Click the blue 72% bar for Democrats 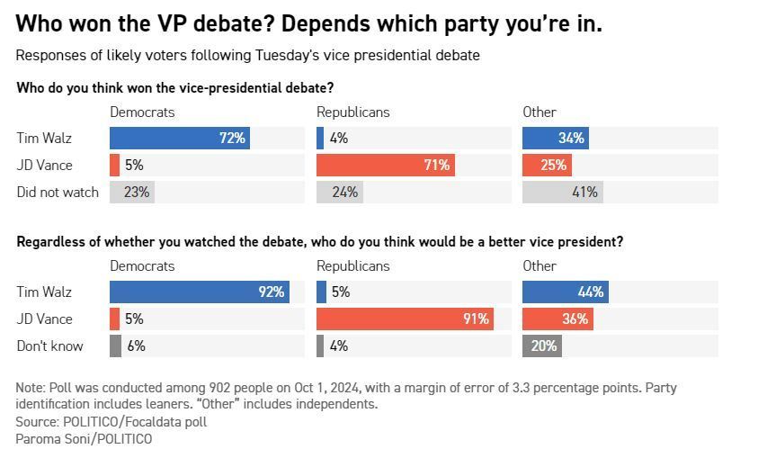[x=180, y=138]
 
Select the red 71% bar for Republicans [x=386, y=165]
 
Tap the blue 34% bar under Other [x=556, y=138]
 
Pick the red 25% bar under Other [x=548, y=165]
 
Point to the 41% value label [x=585, y=193]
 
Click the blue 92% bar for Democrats [x=200, y=292]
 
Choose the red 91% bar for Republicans [x=406, y=319]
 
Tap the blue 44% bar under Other [x=566, y=292]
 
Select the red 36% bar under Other [x=557, y=319]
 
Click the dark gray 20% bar [x=542, y=346]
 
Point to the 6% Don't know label [x=137, y=346]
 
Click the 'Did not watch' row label [x=58, y=193]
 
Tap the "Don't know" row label [x=49, y=346]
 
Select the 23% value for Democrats [x=137, y=193]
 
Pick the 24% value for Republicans [x=345, y=193]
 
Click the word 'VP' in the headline [x=172, y=23]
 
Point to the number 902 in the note [x=220, y=388]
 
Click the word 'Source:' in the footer [x=37, y=422]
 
